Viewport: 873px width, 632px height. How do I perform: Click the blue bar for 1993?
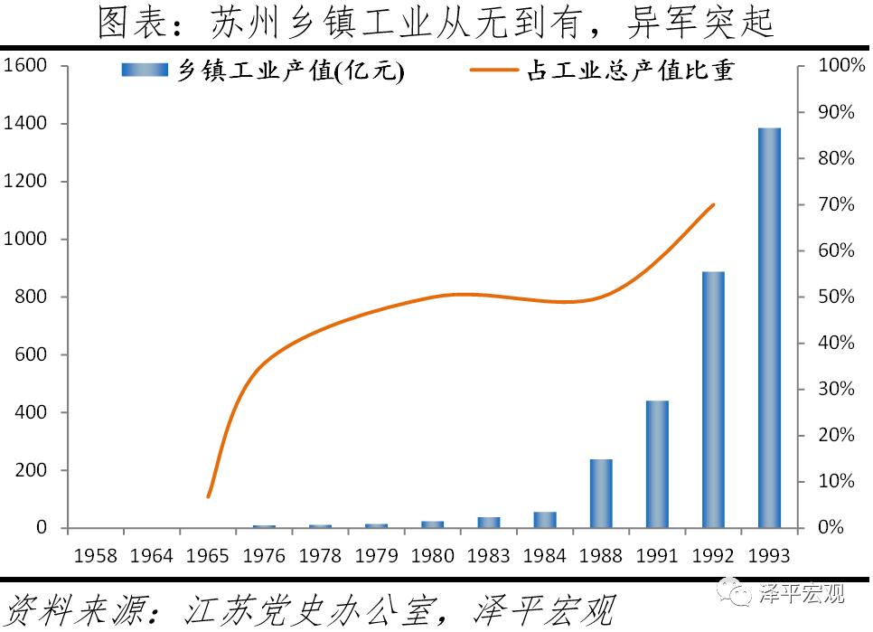[769, 327]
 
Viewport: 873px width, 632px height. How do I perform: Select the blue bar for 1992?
[713, 399]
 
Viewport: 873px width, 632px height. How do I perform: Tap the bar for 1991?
[657, 464]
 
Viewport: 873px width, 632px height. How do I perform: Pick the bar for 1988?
[601, 493]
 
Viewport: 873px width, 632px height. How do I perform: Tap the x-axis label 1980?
[432, 554]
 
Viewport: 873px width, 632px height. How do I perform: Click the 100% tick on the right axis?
[836, 65]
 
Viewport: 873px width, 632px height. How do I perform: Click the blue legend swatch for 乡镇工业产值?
[145, 71]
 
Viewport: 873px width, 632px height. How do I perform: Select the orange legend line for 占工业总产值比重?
[493, 71]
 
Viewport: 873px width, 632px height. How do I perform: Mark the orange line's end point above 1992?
[714, 204]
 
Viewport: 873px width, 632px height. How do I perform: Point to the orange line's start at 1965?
[208, 496]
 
